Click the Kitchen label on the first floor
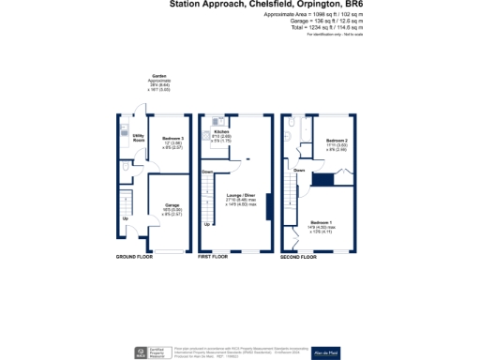point(221,132)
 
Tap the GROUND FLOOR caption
point(134,256)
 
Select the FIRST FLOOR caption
point(214,256)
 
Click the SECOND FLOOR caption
point(298,256)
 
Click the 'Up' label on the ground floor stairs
point(127,220)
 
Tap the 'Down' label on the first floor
point(206,172)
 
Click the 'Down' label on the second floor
point(298,170)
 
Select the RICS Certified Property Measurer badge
point(147,351)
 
